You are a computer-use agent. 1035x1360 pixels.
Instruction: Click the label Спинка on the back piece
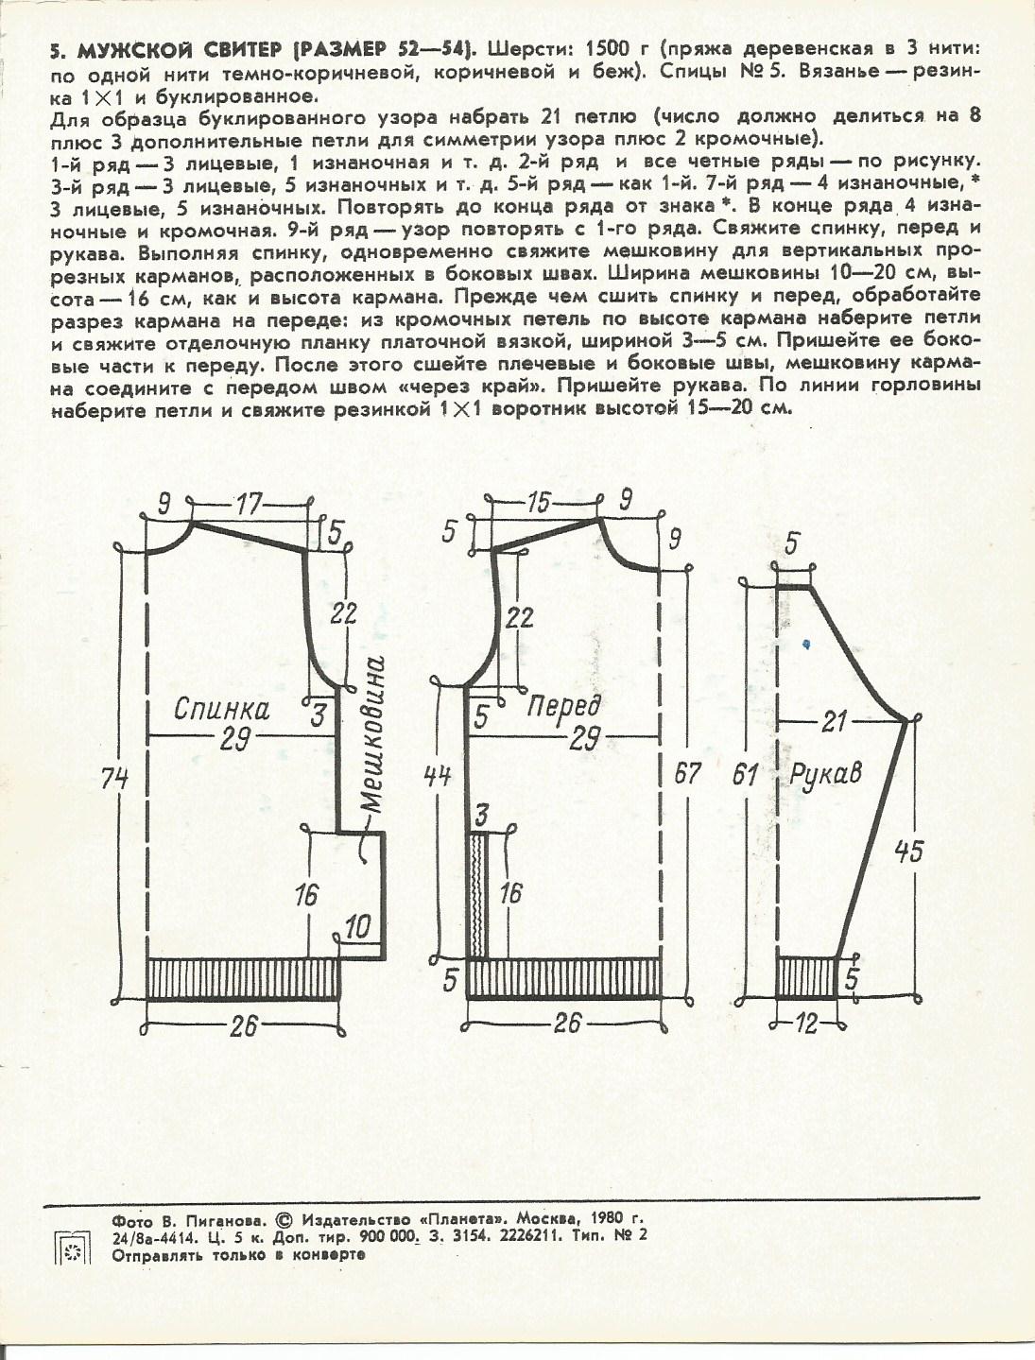click(x=221, y=710)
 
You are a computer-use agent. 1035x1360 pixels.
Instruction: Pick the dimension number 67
click(x=687, y=773)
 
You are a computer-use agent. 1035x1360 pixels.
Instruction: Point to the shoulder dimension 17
click(x=249, y=507)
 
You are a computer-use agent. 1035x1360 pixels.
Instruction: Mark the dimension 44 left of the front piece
click(x=440, y=776)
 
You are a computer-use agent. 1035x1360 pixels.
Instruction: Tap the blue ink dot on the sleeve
click(x=805, y=644)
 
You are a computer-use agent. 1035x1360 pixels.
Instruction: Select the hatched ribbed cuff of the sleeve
click(x=806, y=976)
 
